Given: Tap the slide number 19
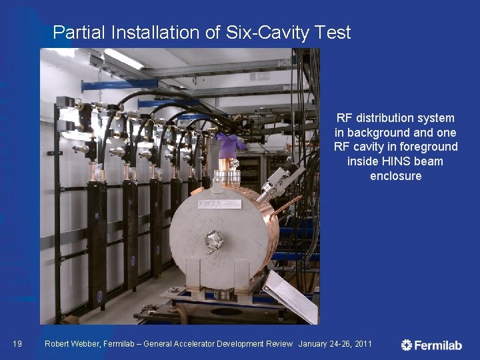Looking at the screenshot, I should pos(18,344).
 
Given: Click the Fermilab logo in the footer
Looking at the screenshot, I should pos(431,345).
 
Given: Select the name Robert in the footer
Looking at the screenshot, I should pos(59,344).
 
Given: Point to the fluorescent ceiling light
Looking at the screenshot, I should pos(123,59).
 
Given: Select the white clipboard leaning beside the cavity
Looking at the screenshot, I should pos(291,297).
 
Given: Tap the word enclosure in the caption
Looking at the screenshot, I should pos(396,176).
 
